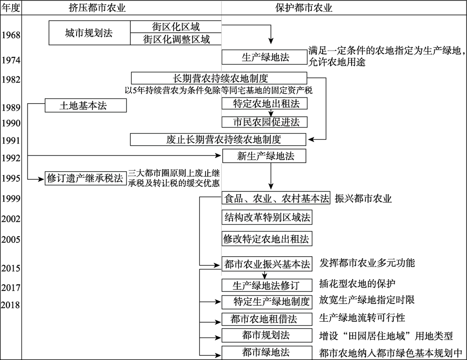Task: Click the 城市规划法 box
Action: click(89, 33)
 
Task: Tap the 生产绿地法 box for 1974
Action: click(265, 57)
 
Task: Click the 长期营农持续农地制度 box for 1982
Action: click(219, 78)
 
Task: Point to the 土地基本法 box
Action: click(86, 106)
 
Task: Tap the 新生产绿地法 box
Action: click(265, 156)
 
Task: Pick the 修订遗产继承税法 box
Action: click(82, 178)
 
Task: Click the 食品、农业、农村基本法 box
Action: click(276, 198)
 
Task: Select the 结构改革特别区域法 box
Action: click(267, 217)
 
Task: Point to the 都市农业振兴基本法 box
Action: click(267, 264)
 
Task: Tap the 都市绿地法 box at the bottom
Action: click(266, 353)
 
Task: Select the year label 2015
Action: click(11, 268)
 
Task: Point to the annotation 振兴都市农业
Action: click(363, 198)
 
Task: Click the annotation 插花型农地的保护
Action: click(357, 283)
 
